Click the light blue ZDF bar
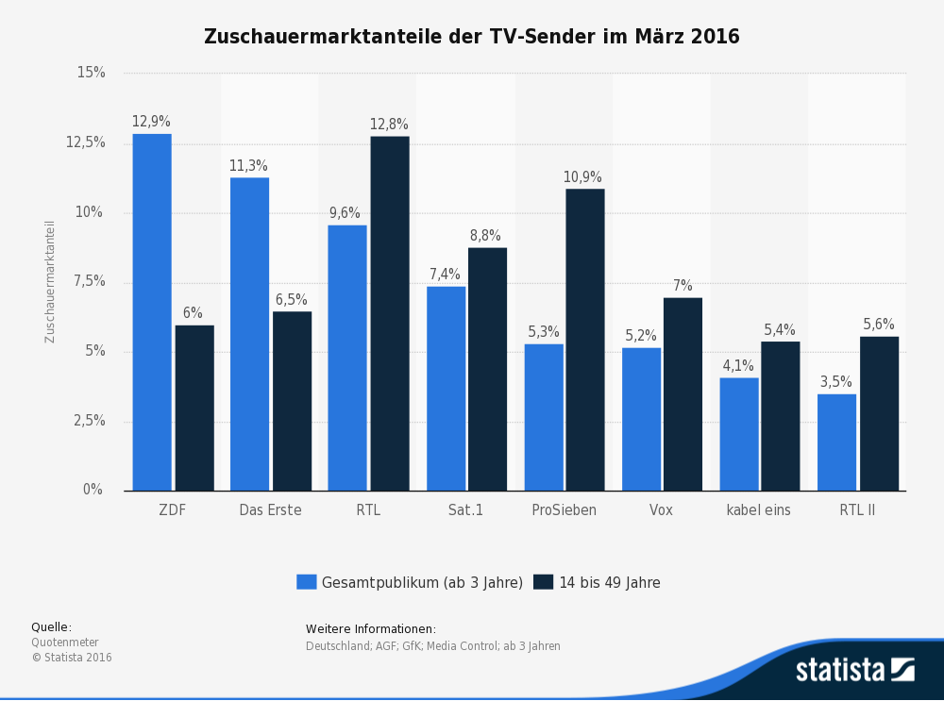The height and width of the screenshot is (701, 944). click(x=152, y=311)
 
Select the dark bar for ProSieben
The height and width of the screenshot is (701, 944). click(x=585, y=340)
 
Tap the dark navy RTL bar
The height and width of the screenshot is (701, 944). click(x=390, y=313)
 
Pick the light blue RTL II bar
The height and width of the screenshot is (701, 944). click(x=836, y=442)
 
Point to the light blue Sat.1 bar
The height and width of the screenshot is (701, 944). click(x=446, y=388)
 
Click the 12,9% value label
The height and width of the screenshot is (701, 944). click(x=151, y=122)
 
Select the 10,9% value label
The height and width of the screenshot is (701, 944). click(x=582, y=177)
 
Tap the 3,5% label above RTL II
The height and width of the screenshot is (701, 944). click(x=835, y=382)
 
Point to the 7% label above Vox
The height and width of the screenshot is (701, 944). click(x=683, y=286)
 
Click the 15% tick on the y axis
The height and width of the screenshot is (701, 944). click(x=91, y=73)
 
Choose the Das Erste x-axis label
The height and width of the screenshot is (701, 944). click(x=270, y=510)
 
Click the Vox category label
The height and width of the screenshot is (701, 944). click(x=662, y=510)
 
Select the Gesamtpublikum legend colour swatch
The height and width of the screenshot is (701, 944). click(x=306, y=582)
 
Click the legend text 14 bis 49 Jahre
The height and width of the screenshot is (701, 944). click(x=610, y=583)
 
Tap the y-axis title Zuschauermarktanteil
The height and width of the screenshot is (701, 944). click(x=51, y=281)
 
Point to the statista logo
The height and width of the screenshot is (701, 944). click(x=854, y=670)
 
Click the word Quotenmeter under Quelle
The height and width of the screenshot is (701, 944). click(x=65, y=643)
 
